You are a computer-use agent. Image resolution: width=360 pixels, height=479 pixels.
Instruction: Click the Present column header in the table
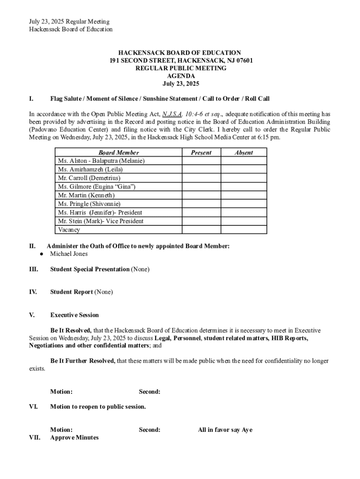[201, 152]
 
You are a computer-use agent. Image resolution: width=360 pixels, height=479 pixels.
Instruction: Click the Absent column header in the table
[244, 152]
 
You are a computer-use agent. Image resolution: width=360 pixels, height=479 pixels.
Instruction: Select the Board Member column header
[118, 152]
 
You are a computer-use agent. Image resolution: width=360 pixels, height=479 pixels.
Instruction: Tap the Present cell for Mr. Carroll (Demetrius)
[201, 178]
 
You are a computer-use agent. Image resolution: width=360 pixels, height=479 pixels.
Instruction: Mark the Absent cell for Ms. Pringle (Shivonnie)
[244, 204]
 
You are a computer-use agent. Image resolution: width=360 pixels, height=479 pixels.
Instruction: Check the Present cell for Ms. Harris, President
[201, 212]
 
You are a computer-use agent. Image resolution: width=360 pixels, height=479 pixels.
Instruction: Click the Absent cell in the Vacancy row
[244, 230]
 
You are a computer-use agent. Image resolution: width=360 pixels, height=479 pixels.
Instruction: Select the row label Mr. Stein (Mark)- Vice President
[101, 221]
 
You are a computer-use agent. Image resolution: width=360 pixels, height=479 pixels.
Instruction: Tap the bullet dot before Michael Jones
[41, 254]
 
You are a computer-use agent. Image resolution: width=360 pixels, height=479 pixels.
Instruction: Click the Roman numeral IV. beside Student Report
[33, 292]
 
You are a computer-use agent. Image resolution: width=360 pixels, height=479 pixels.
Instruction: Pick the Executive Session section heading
[74, 315]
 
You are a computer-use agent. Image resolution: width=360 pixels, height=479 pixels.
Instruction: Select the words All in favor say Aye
[225, 429]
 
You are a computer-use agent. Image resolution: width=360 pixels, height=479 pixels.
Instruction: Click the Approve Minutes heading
[74, 437]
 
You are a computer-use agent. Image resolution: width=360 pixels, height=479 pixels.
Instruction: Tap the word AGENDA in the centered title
[180, 76]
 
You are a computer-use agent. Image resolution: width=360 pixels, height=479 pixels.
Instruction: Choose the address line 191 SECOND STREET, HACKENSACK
[180, 61]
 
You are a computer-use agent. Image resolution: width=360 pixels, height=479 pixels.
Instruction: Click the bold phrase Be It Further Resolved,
[83, 361]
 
